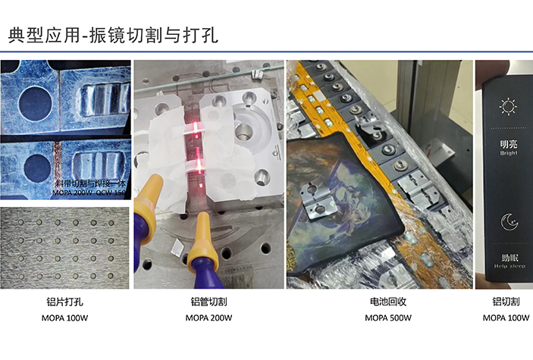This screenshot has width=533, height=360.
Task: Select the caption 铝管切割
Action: pos(208,302)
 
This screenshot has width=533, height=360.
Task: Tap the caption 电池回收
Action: pos(387,302)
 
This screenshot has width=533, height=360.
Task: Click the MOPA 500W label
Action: pos(387,318)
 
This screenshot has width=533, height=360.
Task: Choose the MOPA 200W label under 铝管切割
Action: pos(208,318)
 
